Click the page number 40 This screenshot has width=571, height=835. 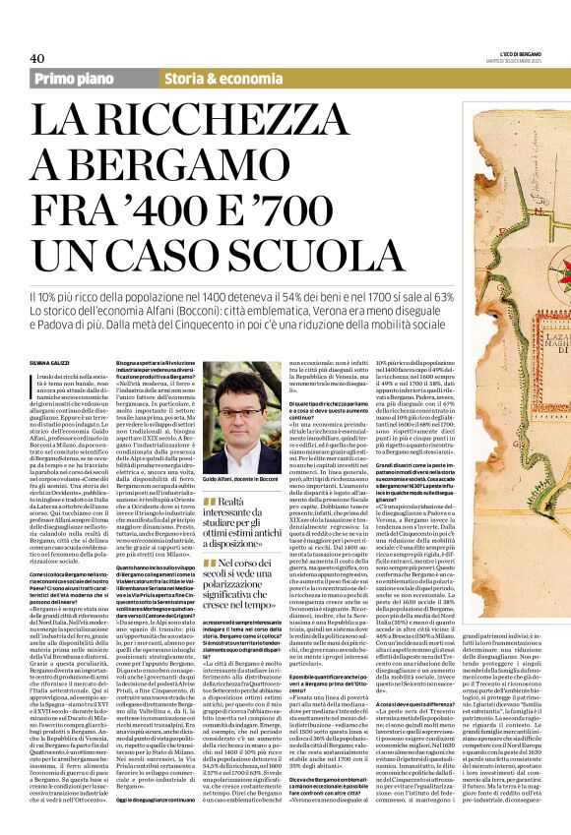pos(38,58)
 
